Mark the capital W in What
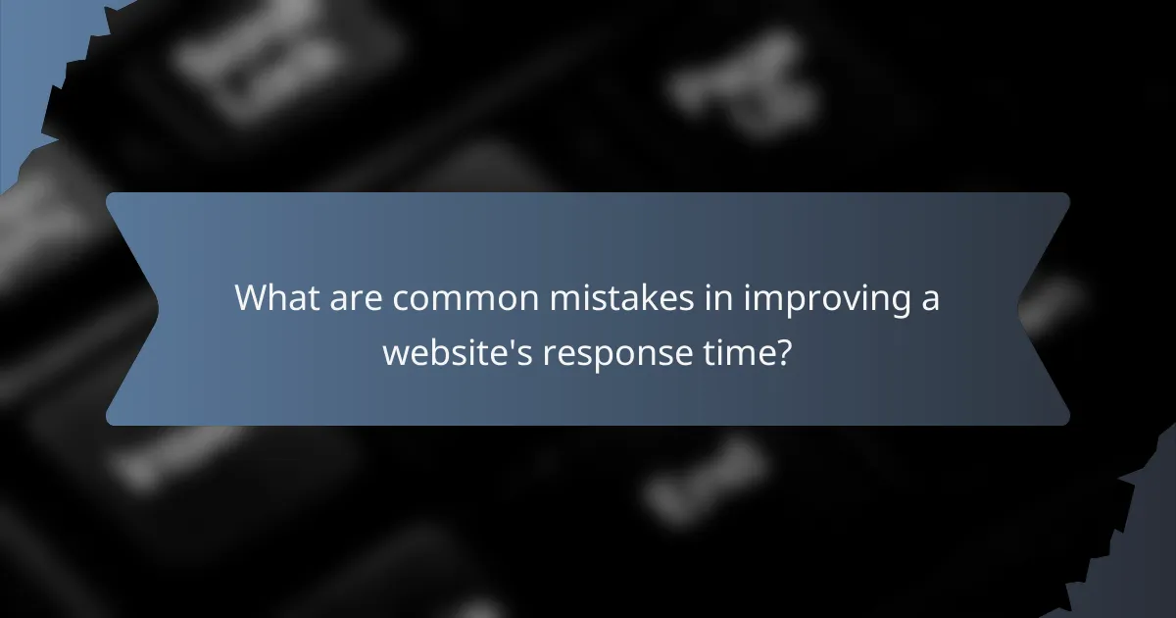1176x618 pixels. point(251,298)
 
